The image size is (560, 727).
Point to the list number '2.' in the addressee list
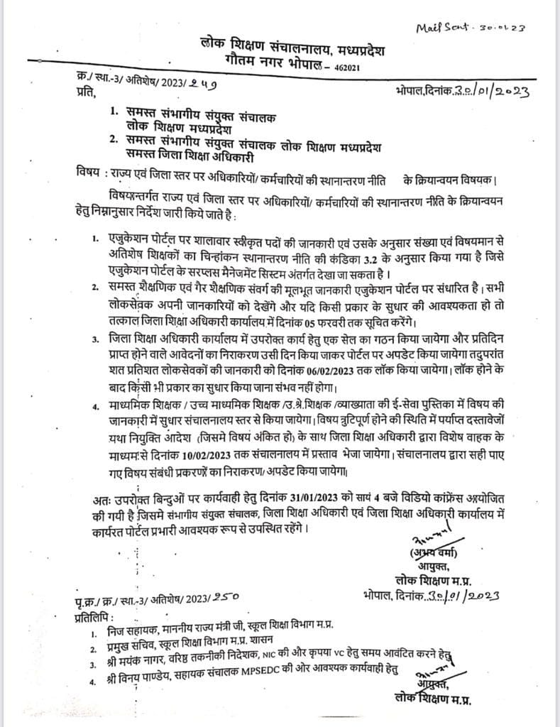pos(114,141)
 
